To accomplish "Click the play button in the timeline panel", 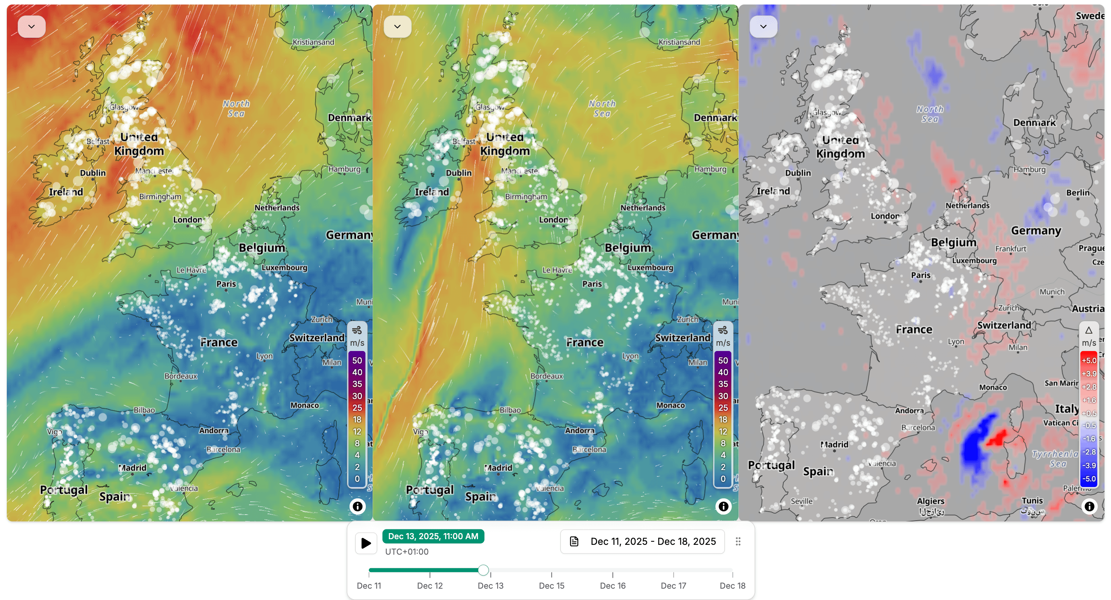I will click(366, 543).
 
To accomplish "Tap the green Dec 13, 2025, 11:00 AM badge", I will click(433, 536).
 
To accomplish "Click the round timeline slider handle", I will click(483, 570).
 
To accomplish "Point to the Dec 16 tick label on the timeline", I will click(613, 585).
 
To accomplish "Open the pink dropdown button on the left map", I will click(31, 27).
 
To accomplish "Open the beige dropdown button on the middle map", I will click(397, 27).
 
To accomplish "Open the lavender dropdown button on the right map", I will click(763, 27).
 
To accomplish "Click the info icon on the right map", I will click(1089, 506).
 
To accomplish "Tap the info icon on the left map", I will click(357, 506).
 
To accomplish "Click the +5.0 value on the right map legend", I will click(1089, 360).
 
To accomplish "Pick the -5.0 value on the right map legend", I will click(1089, 478).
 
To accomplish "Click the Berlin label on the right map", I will click(1078, 193).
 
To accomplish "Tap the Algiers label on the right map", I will click(930, 501).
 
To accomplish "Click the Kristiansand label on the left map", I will click(313, 42).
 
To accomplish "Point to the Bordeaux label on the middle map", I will click(546, 376).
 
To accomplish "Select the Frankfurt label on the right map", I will click(1010, 249).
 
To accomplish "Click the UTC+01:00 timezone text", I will click(406, 552).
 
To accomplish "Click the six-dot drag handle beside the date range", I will click(738, 541).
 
